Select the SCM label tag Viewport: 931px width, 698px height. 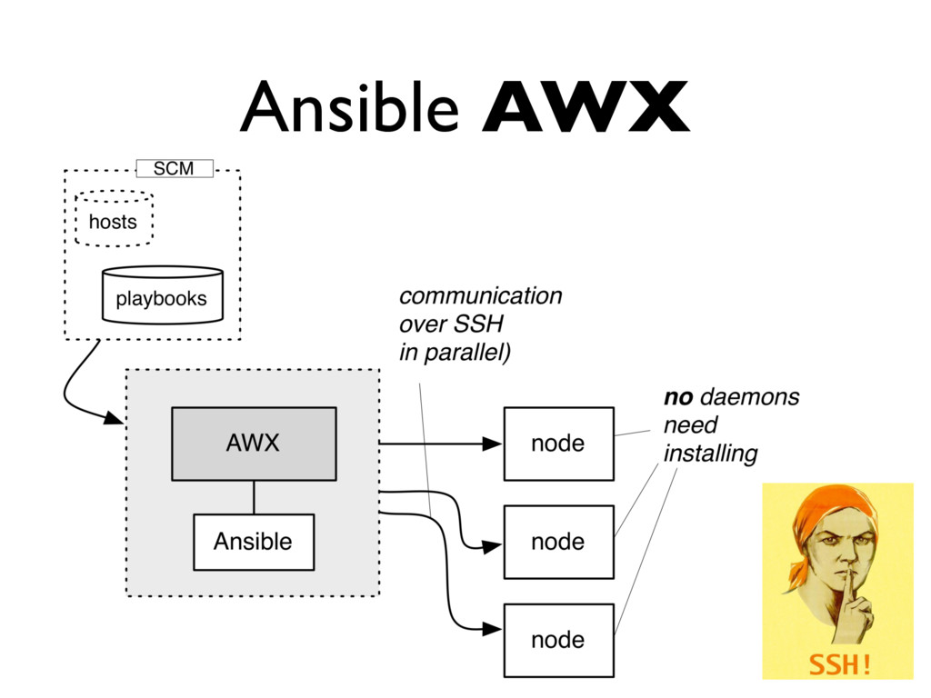174,168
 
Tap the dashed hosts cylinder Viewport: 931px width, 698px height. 114,220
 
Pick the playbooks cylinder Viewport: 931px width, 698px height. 162,296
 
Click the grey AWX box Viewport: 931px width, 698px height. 253,444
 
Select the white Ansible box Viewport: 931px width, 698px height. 253,542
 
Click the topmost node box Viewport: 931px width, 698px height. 558,444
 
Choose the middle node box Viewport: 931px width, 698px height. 558,542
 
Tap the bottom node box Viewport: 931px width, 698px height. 558,640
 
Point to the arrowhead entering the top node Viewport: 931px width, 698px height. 492,444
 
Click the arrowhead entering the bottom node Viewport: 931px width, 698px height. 492,629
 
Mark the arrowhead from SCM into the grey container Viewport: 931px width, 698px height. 114,418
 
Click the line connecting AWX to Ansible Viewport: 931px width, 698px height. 254,497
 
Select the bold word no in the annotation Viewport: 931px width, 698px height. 678,397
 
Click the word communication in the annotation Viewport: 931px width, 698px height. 481,296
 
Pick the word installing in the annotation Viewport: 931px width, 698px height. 710,453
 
